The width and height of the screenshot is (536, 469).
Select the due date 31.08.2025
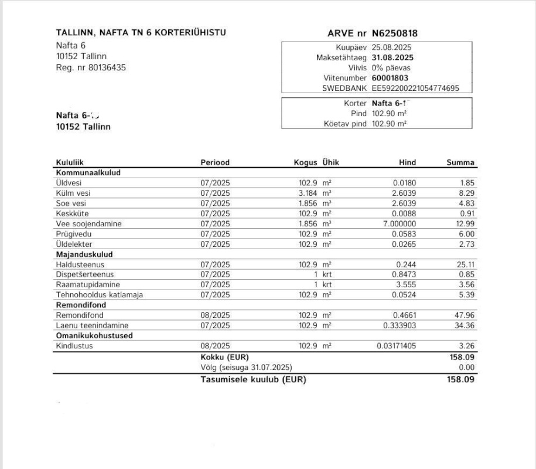393,57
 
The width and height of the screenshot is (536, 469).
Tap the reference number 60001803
390,78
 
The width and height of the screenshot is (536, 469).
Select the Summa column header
460,162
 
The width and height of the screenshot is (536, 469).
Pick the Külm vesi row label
73,193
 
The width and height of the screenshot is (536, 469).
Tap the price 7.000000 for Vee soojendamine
397,223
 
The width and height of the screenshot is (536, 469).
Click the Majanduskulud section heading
84,254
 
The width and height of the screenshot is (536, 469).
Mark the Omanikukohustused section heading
94,336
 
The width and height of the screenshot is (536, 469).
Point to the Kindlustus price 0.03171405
396,346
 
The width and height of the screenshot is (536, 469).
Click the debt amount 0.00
467,367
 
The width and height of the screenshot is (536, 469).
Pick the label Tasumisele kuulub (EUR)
253,379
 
